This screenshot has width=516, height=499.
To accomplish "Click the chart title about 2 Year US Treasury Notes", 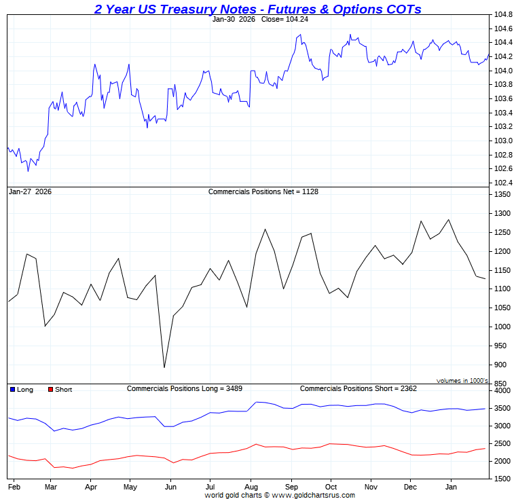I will [257, 9].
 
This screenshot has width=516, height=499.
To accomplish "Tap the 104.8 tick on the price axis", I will [502, 14].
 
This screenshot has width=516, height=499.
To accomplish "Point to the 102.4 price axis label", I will [502, 183].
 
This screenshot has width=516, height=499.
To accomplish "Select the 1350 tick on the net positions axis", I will [502, 194].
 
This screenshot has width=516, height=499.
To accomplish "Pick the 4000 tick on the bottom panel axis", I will [502, 391].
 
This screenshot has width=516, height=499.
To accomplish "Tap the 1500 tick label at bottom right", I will [502, 479].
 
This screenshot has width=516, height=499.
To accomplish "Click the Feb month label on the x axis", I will [14, 487].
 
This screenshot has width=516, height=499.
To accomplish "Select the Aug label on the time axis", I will [251, 487].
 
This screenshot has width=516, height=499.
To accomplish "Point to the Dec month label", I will [410, 487].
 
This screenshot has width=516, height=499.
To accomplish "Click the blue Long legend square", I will [12, 390].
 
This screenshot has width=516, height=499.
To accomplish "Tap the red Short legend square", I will [50, 390].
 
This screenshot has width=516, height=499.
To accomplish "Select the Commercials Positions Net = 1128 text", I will [263, 191].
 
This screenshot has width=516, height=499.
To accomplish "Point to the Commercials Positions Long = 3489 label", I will [185, 389].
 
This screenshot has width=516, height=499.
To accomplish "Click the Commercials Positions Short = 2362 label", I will [358, 389].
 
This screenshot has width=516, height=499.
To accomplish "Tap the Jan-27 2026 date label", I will [30, 191].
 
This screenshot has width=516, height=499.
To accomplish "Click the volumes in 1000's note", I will [462, 381].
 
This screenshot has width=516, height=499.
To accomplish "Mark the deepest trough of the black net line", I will [164, 368].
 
